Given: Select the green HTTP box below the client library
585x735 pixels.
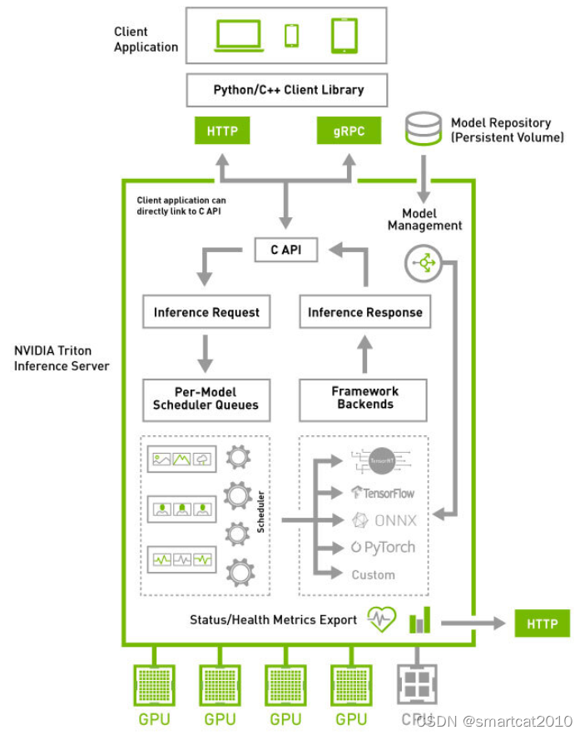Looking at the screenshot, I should tap(222, 131).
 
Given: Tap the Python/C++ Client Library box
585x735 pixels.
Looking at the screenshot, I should tap(288, 90).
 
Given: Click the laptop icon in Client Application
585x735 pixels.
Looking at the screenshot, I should tap(240, 35).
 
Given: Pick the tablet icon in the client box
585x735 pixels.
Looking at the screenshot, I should tap(345, 35).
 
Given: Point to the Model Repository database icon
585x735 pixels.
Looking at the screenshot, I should tap(423, 127).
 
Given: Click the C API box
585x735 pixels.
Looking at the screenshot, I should tap(285, 250).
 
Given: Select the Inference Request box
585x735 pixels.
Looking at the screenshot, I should tap(206, 313).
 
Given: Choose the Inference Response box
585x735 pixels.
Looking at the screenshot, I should tap(364, 313).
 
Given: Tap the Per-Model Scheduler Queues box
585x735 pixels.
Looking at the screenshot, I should tap(206, 399).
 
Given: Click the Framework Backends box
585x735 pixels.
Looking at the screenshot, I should tap(364, 399).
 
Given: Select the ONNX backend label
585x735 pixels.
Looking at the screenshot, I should tap(384, 520).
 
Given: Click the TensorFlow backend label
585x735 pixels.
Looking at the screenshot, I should tap(383, 493).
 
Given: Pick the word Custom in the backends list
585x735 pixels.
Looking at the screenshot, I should tap(373, 574).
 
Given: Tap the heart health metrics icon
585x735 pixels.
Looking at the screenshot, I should tap(382, 620).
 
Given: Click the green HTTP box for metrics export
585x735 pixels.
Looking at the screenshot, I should tap(543, 623).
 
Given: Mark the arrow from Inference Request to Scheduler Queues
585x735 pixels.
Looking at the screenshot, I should tap(206, 353).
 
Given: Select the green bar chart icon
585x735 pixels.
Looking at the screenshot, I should tap(421, 620).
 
